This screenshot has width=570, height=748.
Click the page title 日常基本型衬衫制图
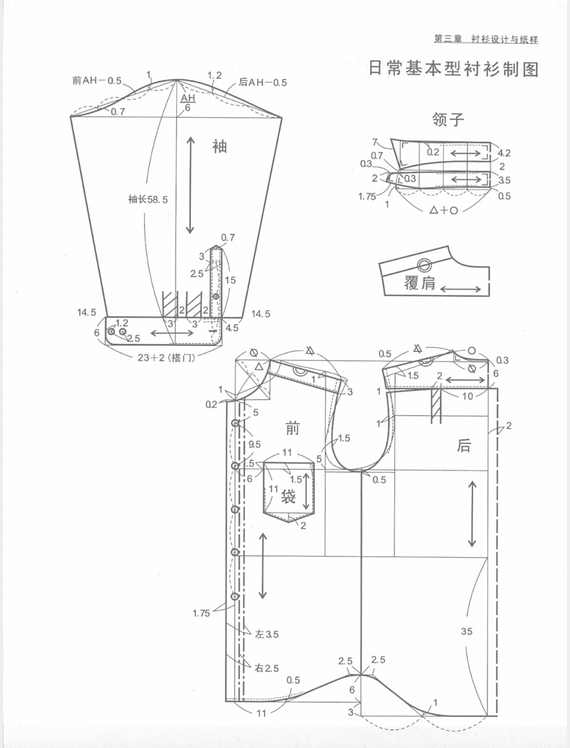(453, 69)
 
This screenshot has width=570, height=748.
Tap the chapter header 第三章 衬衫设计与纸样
(485, 39)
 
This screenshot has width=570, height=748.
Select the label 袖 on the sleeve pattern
(219, 146)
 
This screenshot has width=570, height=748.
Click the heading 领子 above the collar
(448, 120)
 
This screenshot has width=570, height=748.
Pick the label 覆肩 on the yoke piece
(420, 283)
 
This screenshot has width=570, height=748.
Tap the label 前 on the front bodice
(292, 428)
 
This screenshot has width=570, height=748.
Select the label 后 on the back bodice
(464, 446)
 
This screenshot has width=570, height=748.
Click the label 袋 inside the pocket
(289, 497)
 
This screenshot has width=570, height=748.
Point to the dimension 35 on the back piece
(466, 631)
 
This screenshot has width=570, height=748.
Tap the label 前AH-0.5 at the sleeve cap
(97, 81)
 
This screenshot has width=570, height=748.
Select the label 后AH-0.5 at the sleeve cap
(263, 82)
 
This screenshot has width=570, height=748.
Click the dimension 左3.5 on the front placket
(266, 634)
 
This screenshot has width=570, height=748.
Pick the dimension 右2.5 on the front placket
(266, 668)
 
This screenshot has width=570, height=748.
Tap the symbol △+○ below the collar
(444, 210)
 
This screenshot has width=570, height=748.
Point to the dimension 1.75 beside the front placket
(201, 613)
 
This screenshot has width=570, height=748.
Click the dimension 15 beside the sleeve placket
(230, 280)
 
